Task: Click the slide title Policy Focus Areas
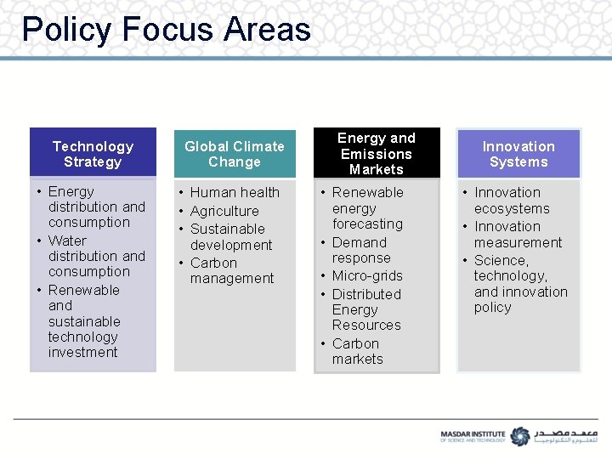coord(167,30)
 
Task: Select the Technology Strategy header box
coord(93,154)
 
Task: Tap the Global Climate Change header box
coord(235,154)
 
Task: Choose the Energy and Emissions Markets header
coord(376,154)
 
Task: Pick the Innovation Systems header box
coord(518,154)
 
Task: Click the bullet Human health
coord(235,192)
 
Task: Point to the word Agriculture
coord(224,211)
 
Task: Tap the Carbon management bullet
coord(231,270)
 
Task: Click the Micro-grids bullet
coord(367,275)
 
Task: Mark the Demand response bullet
coord(360,250)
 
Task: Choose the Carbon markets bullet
coord(357,351)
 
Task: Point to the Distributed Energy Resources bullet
coord(366,309)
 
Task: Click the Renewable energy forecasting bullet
coord(367,208)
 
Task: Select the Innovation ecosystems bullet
coord(512,201)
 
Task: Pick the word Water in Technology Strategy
coord(67,241)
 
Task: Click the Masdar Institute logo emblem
coord(519,435)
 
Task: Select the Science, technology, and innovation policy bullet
coord(520,284)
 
